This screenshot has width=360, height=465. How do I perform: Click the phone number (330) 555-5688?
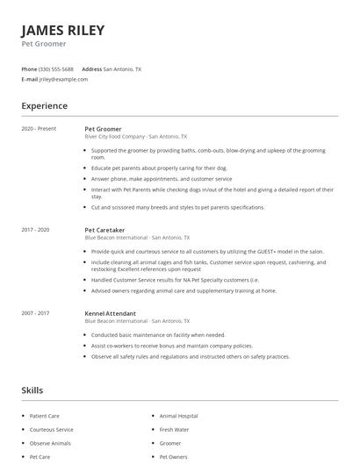[x=56, y=68]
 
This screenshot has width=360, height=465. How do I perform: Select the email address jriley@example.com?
[x=63, y=79]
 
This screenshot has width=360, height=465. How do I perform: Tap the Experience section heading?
[x=44, y=106]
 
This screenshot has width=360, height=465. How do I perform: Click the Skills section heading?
[x=32, y=390]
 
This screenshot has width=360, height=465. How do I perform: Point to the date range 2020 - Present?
[x=39, y=129]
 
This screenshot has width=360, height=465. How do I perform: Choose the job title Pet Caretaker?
[x=106, y=230]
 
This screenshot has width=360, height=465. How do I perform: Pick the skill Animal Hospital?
[x=178, y=416]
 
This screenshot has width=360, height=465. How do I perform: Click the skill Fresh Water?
[x=174, y=430]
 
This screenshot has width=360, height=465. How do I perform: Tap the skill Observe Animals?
[x=50, y=443]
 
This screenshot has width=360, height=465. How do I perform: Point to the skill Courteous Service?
[x=52, y=430]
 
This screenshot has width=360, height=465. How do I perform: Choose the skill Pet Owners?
[x=174, y=457]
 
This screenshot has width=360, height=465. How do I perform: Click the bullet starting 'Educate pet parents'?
[x=147, y=168]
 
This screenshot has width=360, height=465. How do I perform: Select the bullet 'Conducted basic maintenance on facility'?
[x=158, y=334]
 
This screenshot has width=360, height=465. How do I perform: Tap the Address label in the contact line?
[x=91, y=68]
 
